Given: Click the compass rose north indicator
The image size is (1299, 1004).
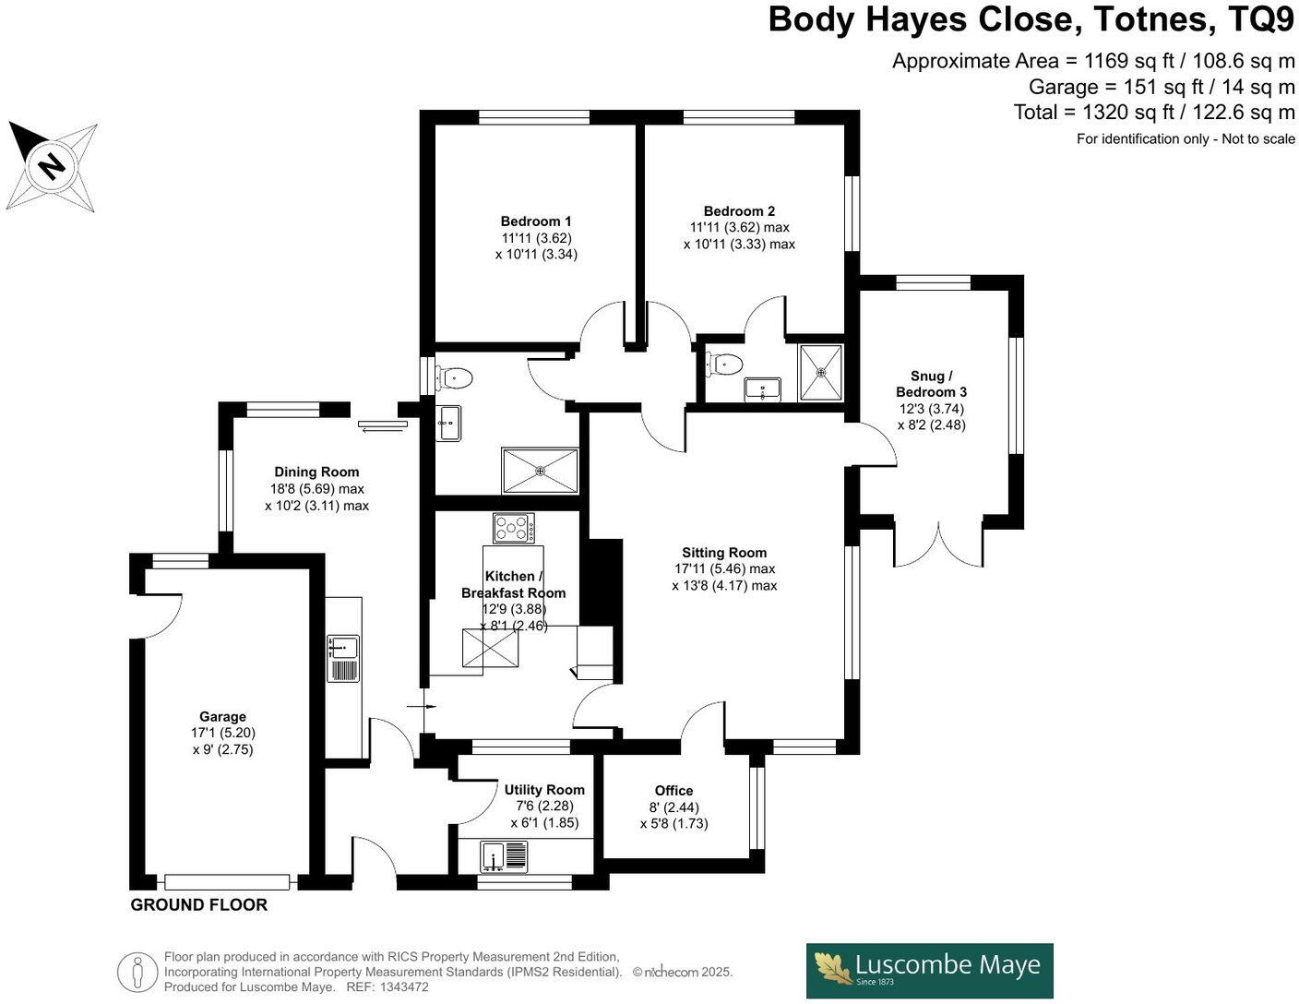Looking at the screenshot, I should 53,166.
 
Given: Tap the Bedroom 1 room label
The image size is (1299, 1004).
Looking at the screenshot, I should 536,221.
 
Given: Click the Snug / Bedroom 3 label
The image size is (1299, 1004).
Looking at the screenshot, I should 931,384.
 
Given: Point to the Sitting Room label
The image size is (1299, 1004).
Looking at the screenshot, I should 724,553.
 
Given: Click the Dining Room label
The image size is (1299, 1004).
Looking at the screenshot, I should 316,472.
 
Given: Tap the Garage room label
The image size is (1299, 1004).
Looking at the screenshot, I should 222,717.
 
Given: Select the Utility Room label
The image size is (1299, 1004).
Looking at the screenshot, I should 544,790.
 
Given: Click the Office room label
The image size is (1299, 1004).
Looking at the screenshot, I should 673,791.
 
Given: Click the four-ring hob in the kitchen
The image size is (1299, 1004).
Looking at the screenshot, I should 514,528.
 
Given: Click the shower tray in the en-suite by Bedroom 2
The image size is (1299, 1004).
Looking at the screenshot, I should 820,373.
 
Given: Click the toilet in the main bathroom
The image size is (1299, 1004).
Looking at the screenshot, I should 456,378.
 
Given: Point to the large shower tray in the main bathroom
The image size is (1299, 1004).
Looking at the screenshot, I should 540,471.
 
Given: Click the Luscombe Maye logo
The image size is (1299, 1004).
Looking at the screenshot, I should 929,970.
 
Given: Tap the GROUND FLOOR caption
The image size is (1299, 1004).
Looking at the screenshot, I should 198,905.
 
